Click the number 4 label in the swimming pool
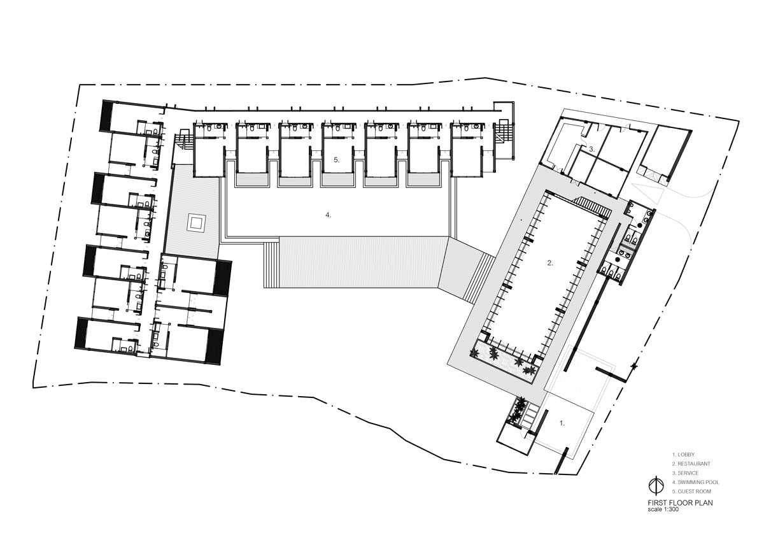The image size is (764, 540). click(x=328, y=215)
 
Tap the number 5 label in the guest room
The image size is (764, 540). click(x=337, y=160)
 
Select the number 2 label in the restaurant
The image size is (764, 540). click(x=550, y=263)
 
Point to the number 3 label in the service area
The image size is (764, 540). click(x=592, y=149)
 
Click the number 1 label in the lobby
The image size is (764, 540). click(x=562, y=423)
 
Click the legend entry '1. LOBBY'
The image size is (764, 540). click(x=683, y=455)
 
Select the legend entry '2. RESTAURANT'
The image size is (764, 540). click(x=691, y=464)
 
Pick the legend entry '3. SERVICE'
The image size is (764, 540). click(x=685, y=472)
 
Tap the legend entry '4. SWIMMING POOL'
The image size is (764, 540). click(x=695, y=482)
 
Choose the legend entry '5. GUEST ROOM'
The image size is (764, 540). click(x=691, y=491)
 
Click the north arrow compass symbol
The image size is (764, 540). click(x=656, y=486)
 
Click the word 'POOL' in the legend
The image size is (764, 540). click(x=713, y=482)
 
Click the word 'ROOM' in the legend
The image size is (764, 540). click(x=704, y=491)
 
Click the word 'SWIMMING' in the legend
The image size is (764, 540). click(x=691, y=482)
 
